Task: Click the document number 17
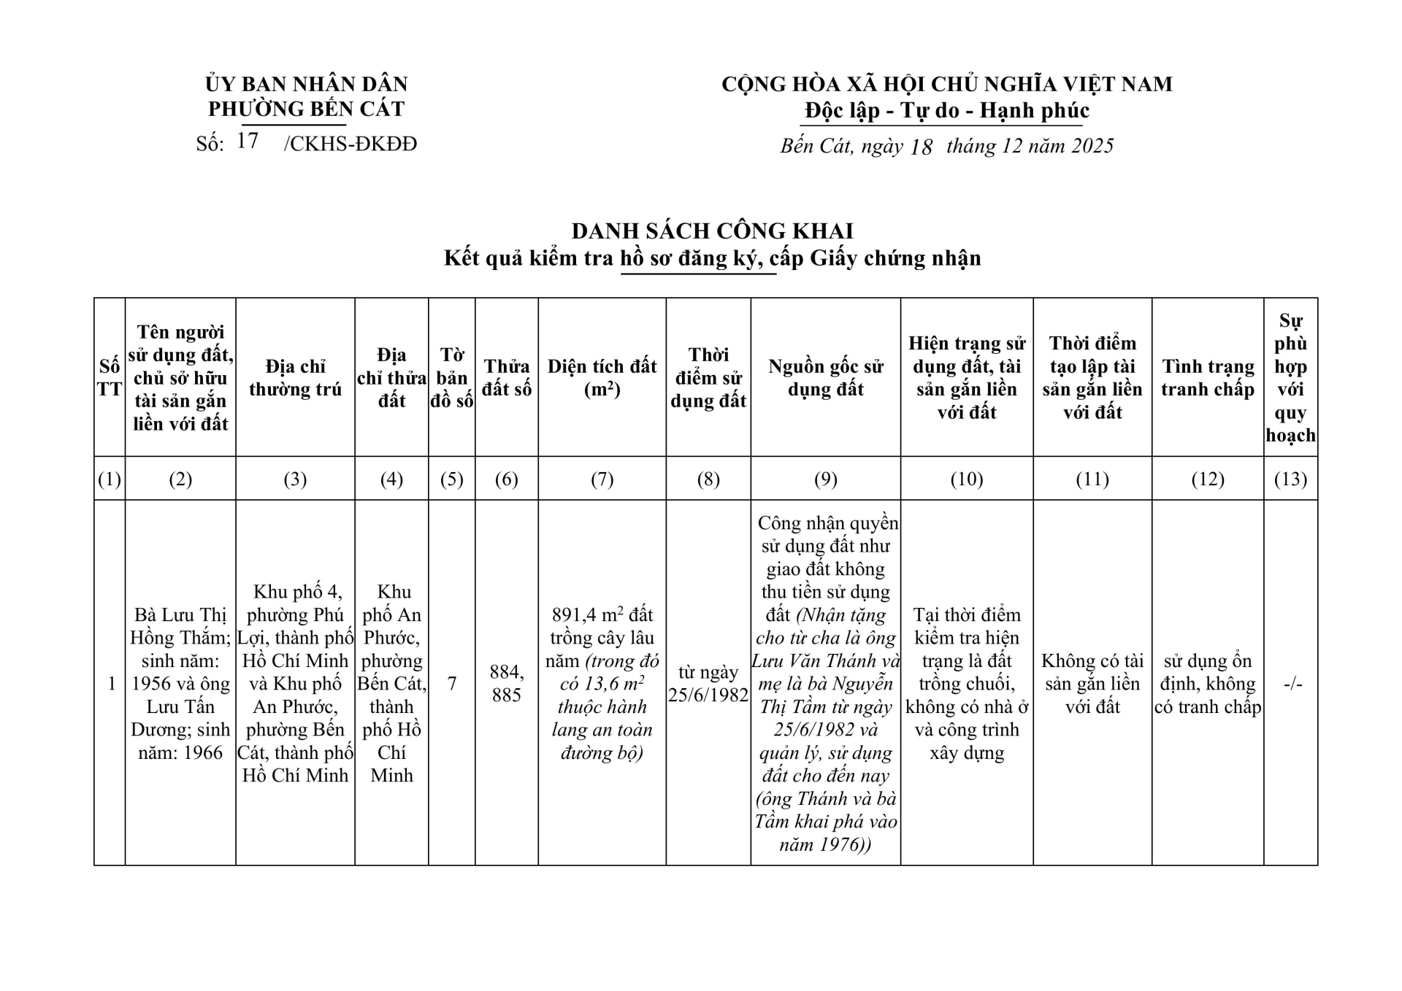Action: point(248,141)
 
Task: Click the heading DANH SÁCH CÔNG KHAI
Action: point(712,231)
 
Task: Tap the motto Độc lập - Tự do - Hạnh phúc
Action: point(946,111)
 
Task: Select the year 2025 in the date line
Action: point(1092,146)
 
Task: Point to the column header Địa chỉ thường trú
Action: point(295,378)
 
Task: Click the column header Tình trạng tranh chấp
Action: point(1207,378)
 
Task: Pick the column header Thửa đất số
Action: point(506,378)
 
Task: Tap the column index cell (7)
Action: point(602,479)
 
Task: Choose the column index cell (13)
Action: point(1290,479)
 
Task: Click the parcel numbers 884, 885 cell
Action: point(506,683)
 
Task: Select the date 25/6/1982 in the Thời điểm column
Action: point(708,695)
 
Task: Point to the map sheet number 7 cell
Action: point(452,684)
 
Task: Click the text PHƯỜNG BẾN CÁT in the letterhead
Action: point(306,109)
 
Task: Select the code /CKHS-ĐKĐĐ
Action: point(350,144)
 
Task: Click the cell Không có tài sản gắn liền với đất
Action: point(1092,683)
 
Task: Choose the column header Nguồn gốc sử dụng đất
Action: point(825,378)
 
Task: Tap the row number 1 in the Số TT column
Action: point(111,684)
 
